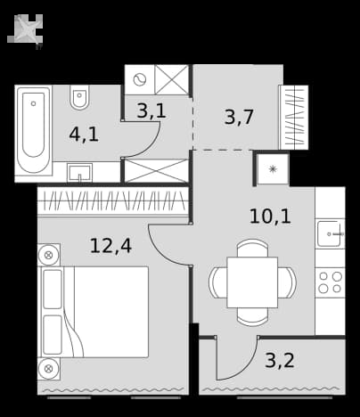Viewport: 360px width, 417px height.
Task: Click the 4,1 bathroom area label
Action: coord(84,135)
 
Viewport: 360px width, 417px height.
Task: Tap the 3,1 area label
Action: coord(151,110)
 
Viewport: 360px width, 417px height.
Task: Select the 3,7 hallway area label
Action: coord(239,117)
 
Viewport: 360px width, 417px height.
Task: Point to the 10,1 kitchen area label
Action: coord(270,216)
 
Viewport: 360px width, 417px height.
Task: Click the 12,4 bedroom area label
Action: coord(110,246)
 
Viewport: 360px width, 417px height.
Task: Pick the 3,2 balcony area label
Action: coord(280,360)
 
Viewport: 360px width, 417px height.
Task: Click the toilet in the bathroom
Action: coord(79,97)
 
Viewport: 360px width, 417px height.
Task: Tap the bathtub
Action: coord(34,130)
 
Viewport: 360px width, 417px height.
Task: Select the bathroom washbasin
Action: coord(79,172)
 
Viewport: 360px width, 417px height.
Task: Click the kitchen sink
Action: coord(330,233)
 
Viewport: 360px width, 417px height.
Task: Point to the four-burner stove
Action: coord(330,282)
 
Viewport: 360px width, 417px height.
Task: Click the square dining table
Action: coord(252,282)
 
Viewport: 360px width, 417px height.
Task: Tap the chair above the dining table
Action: coord(252,248)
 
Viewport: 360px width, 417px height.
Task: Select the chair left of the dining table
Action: coord(218,282)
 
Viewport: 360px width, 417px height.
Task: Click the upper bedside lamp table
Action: coord(49,255)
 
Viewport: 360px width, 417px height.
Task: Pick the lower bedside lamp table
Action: coord(49,369)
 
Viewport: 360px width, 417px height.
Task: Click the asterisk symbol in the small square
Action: coord(273,169)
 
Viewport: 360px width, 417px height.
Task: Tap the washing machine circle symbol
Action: coord(140,79)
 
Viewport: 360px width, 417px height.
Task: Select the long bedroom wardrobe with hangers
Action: coord(113,201)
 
